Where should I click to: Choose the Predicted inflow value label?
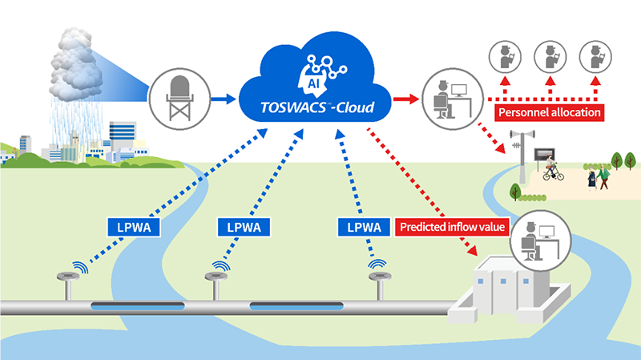[x=452, y=228]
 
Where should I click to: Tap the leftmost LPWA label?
[x=133, y=228]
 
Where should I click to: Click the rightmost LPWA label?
[x=363, y=228]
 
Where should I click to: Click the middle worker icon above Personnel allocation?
[x=550, y=55]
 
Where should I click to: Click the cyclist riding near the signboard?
[x=551, y=169]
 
